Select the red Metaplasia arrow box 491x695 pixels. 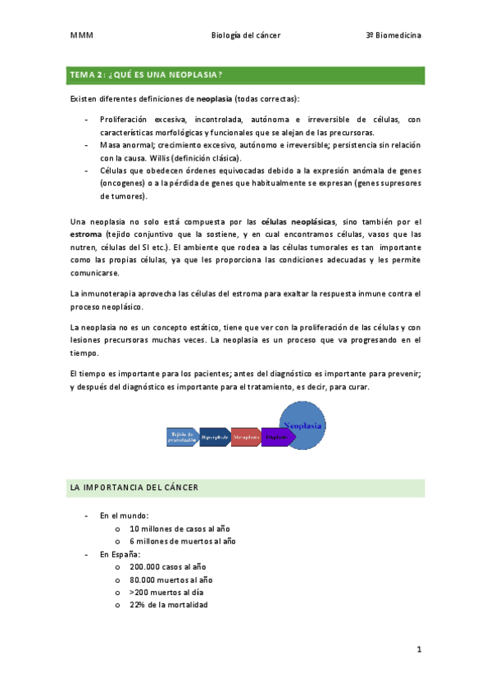click(246, 437)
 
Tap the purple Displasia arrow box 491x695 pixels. click(277, 437)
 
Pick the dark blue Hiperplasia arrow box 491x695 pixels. click(215, 437)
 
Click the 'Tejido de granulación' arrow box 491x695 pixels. click(182, 437)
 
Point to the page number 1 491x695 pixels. click(418, 650)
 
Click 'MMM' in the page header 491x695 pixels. click(81, 36)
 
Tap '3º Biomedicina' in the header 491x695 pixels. click(394, 36)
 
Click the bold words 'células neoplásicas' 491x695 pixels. click(298, 221)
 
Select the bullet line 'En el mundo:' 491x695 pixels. click(124, 516)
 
